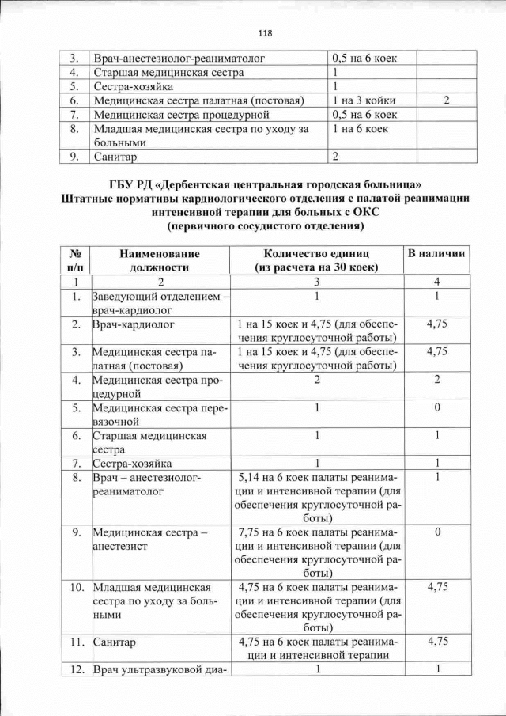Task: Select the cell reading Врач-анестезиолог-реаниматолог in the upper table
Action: (x=179, y=59)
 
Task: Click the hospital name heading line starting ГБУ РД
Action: (x=264, y=187)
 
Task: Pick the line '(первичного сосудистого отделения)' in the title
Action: (x=264, y=226)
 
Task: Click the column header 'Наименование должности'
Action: (x=159, y=260)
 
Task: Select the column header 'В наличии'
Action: (x=436, y=253)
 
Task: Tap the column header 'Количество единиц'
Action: (x=316, y=260)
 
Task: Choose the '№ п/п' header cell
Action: (x=77, y=260)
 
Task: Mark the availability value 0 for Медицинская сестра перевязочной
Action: (x=436, y=408)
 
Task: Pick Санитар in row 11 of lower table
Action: (x=115, y=642)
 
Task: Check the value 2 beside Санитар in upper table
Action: (x=335, y=156)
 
